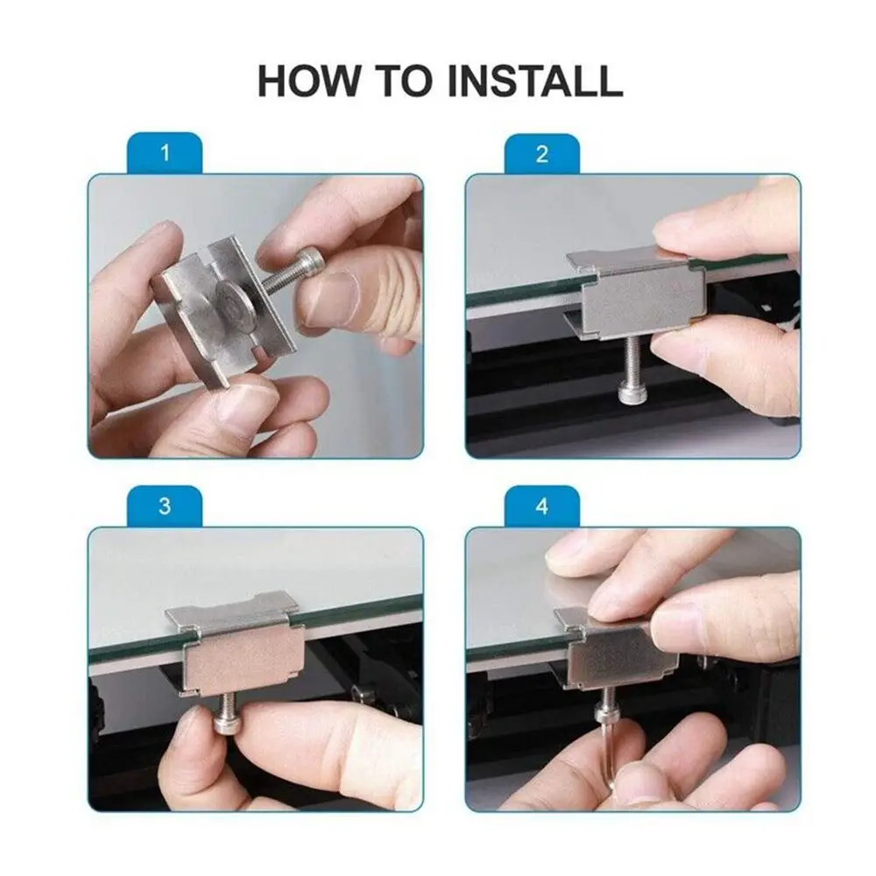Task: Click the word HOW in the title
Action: click(307, 81)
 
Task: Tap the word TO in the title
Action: click(403, 81)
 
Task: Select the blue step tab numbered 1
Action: click(165, 152)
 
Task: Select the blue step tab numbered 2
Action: click(542, 153)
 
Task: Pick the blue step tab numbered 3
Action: click(165, 505)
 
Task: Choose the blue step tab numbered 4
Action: click(542, 506)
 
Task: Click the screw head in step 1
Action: click(309, 260)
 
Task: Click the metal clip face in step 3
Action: click(244, 664)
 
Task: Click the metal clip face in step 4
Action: click(622, 656)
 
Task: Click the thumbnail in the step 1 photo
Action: click(328, 297)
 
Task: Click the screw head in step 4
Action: click(606, 713)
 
